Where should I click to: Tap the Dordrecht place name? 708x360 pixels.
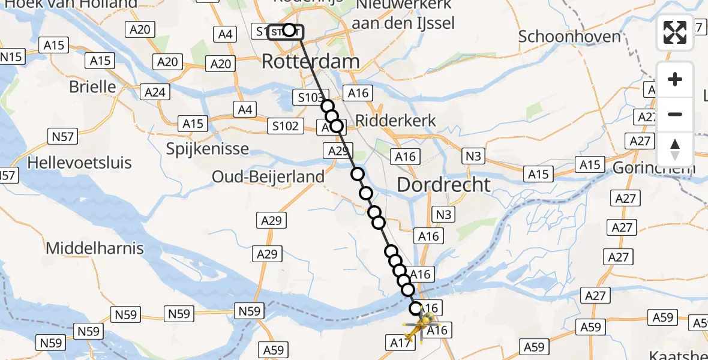click(443, 184)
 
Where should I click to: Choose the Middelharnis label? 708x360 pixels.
click(95, 248)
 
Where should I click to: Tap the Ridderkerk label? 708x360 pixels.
click(396, 120)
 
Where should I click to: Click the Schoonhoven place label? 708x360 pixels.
click(569, 37)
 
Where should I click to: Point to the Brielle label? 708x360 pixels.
click(92, 86)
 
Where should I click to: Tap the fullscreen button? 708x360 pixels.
click(675, 32)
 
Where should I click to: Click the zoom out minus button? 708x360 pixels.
click(675, 115)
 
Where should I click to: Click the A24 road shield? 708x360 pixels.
click(155, 92)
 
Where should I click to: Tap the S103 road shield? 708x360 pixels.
click(310, 97)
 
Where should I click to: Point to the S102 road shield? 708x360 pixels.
click(284, 125)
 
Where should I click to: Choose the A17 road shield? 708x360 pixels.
click(400, 343)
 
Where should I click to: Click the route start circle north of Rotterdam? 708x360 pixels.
click(289, 30)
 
